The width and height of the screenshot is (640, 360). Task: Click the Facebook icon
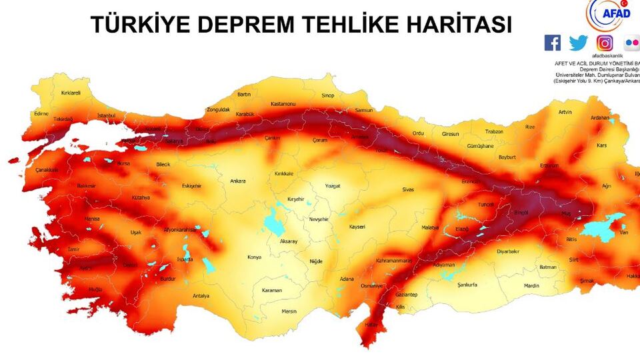click(553, 43)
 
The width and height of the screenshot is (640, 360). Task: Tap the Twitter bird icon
click(579, 43)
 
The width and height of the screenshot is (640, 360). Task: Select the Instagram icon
click(605, 43)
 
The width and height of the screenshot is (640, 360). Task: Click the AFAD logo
click(607, 14)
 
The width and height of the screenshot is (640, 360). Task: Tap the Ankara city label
click(237, 181)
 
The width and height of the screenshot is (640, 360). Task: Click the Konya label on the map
click(255, 257)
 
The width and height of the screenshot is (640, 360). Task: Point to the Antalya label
click(201, 295)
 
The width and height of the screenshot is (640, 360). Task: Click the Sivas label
click(408, 190)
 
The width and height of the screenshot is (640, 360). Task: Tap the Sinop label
click(328, 96)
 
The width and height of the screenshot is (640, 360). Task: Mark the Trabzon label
click(494, 131)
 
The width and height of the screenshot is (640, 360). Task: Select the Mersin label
click(289, 311)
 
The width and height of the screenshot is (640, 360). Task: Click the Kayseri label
click(357, 227)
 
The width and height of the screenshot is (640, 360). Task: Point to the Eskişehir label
click(191, 186)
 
